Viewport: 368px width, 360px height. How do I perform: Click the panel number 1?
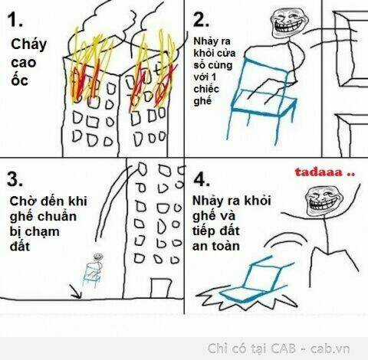point(15,20)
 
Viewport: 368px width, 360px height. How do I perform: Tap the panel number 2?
point(201,20)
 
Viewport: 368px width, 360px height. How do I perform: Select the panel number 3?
point(15,179)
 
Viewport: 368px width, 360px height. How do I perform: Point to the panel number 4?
point(202,179)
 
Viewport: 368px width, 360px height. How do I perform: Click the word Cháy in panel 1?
point(28,44)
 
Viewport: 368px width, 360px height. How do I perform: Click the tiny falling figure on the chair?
point(94,270)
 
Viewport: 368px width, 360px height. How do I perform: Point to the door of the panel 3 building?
point(160,289)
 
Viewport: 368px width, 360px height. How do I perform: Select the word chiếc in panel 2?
point(206,89)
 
